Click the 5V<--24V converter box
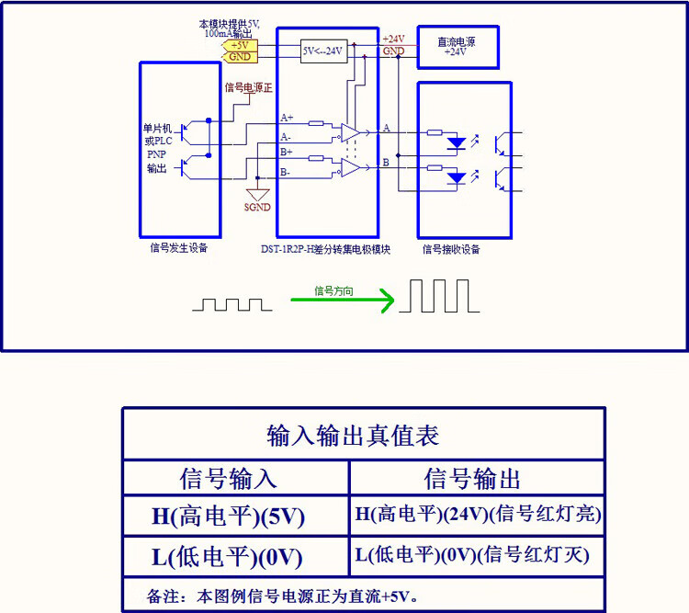324,51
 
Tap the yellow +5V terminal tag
240,45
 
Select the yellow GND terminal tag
240,57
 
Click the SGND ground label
257,207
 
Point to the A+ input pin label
287,118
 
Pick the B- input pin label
285,172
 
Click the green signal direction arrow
343,300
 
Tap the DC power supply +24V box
457,47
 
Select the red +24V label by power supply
394,40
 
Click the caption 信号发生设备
179,248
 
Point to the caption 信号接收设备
451,250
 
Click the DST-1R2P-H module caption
325,249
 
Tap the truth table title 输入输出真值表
353,436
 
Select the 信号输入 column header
228,479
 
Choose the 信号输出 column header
472,479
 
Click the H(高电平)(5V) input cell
228,517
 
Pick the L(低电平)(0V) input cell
227,557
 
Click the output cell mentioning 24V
478,514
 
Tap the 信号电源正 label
249,87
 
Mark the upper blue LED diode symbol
457,143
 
